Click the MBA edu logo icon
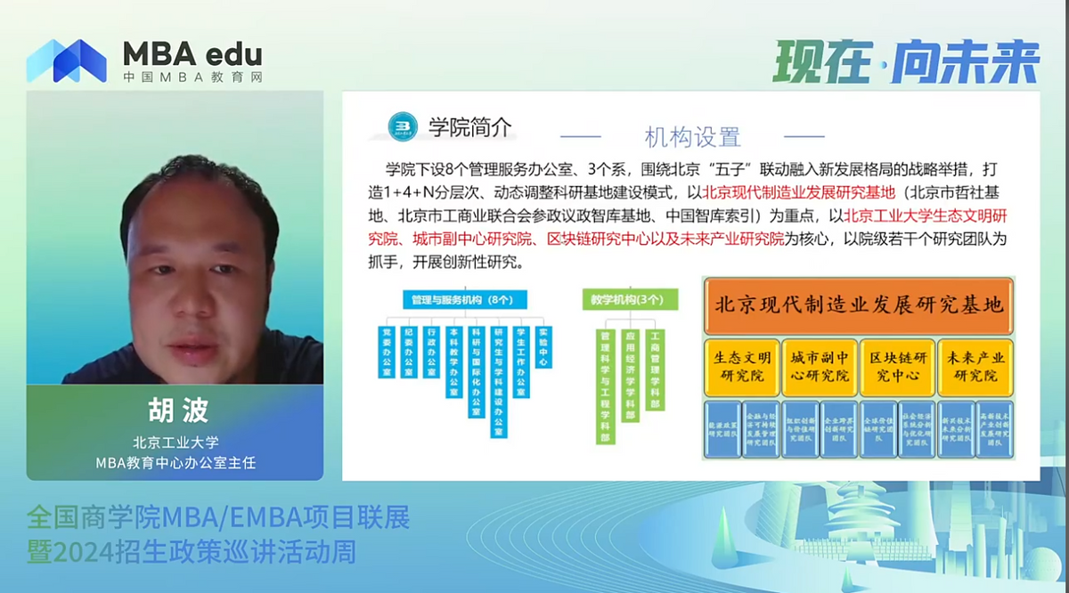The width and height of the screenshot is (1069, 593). point(66,61)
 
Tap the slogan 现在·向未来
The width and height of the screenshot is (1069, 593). point(906,62)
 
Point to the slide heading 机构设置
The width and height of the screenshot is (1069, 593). point(692,137)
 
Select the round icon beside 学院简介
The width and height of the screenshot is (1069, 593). point(403,126)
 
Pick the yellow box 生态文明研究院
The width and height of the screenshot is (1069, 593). point(741,366)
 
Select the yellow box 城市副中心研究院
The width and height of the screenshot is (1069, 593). point(820,366)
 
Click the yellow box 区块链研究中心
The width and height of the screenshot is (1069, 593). point(898,366)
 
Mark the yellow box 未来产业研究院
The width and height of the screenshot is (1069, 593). point(976,366)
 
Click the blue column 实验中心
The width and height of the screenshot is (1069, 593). point(543,347)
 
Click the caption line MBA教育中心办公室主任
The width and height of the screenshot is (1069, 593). point(175,461)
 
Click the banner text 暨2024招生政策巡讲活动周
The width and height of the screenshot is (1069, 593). point(192,553)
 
